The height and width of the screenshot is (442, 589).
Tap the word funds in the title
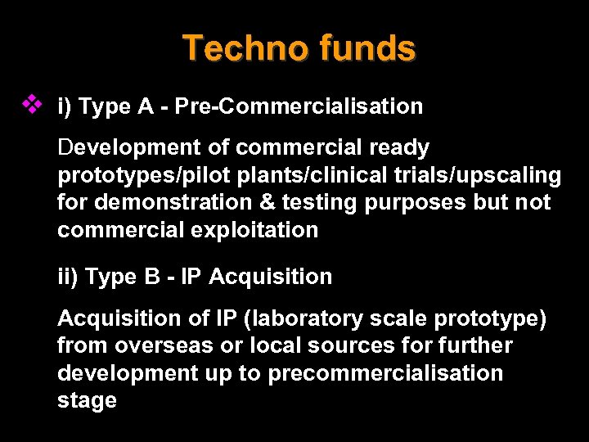(x=368, y=48)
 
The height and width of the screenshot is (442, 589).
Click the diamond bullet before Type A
(x=31, y=104)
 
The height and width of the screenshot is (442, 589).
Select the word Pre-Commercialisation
(x=299, y=106)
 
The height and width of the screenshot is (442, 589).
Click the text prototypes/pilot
(x=133, y=175)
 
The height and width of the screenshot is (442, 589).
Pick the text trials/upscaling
(x=491, y=175)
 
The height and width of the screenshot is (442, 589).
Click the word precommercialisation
(x=385, y=373)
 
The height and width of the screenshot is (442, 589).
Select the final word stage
(x=87, y=401)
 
